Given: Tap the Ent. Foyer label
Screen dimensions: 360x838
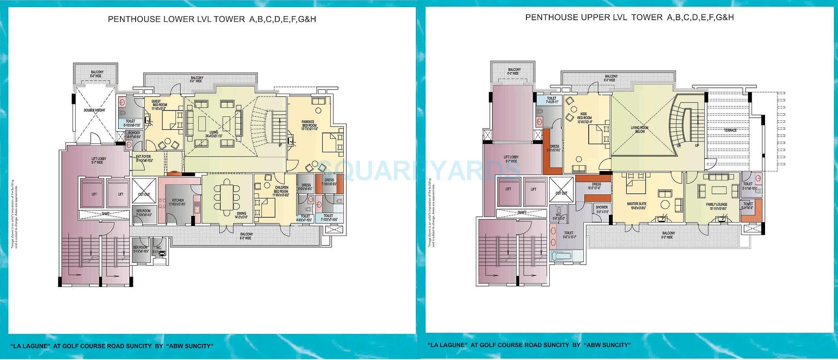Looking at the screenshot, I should pyautogui.click(x=144, y=157).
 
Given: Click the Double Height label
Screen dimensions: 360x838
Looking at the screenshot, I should pyautogui.click(x=94, y=110).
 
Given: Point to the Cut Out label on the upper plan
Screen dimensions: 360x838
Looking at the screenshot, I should pyautogui.click(x=561, y=193).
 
